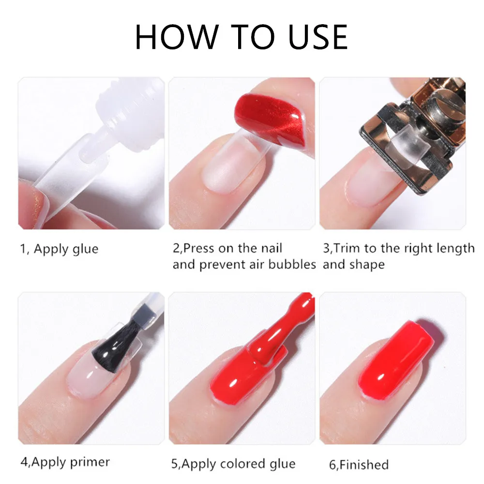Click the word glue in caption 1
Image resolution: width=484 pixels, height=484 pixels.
coord(85,249)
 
